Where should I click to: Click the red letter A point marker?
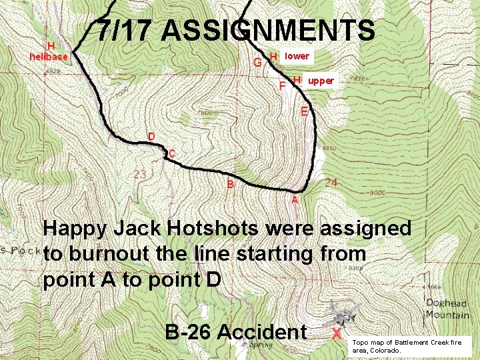click(295, 199)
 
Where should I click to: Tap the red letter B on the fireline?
click(231, 183)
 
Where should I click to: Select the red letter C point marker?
click(172, 154)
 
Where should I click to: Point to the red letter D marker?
click(152, 137)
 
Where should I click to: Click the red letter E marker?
click(304, 111)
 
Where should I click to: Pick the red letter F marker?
click(282, 86)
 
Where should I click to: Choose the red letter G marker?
click(257, 63)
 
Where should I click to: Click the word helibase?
click(49, 57)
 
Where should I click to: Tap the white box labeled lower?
click(296, 57)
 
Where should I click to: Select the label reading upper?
click(321, 81)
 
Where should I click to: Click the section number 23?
click(140, 175)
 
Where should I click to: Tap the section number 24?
click(331, 182)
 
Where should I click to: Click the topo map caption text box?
click(411, 345)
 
